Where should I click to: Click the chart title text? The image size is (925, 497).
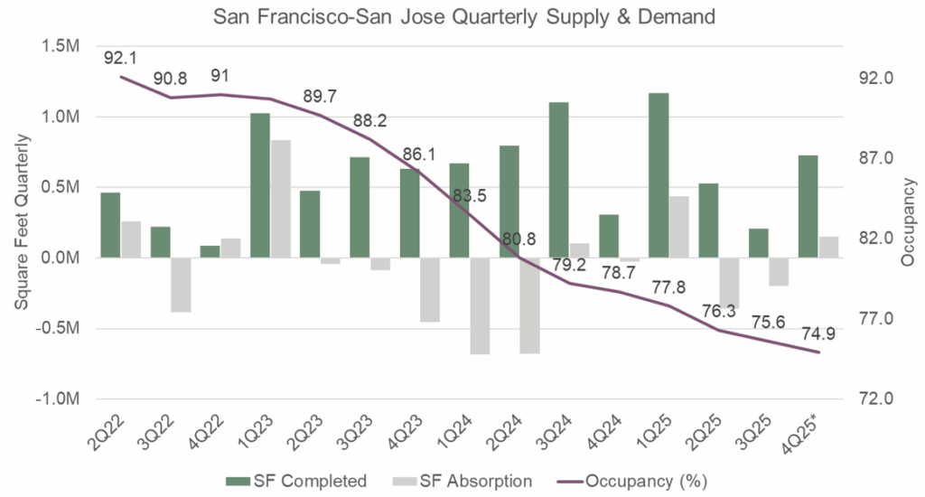click(462, 17)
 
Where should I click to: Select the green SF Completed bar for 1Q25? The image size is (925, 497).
click(659, 175)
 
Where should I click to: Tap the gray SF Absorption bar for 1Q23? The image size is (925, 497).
click(281, 199)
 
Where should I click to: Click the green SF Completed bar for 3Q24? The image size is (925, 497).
click(559, 180)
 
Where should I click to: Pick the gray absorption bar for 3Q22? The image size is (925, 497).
click(181, 285)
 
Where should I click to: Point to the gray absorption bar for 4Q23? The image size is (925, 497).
click(430, 289)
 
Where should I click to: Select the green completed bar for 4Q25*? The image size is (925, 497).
click(808, 206)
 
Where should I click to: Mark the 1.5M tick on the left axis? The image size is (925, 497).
click(63, 47)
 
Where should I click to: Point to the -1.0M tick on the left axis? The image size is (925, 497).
click(61, 399)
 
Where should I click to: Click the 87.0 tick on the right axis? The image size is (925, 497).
click(875, 158)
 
